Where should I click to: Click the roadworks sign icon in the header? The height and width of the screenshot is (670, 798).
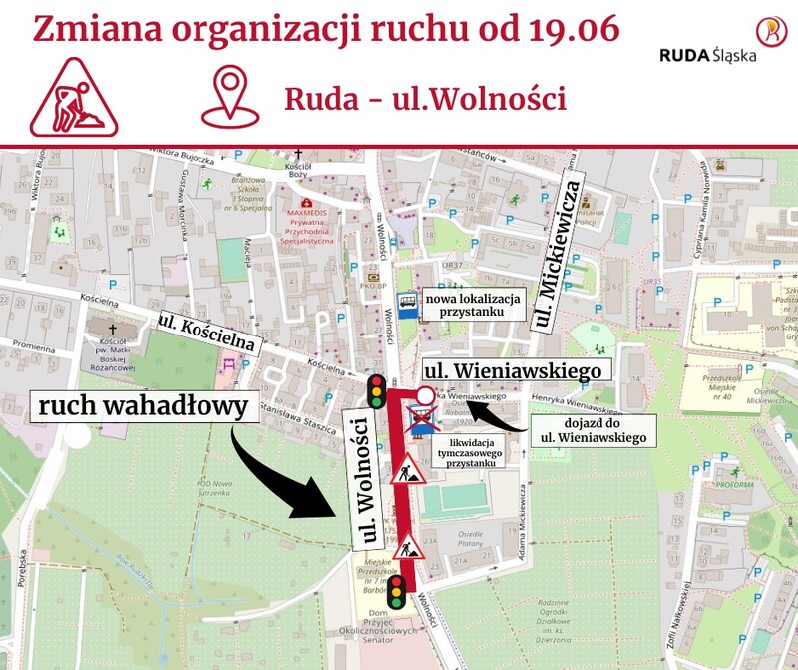74,97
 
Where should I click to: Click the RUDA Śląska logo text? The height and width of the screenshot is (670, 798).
707,54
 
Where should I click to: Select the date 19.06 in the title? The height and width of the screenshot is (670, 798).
570,29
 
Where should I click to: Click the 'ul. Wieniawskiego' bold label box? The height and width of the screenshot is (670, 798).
513,370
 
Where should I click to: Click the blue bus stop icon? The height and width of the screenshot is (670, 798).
407,304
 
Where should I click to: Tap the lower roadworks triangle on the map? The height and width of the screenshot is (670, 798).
411,548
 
